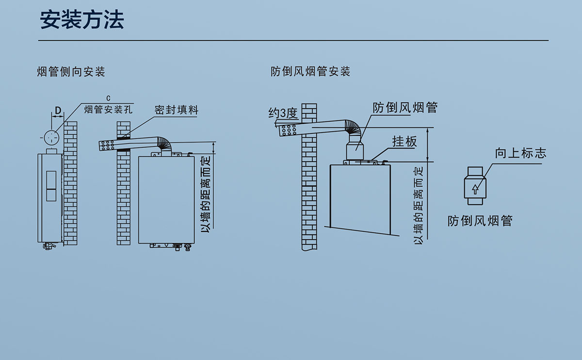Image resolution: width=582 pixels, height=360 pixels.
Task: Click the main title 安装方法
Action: (x=82, y=20)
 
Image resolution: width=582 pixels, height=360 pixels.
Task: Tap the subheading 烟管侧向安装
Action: (x=71, y=72)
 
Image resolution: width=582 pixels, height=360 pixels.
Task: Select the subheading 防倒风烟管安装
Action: (x=310, y=72)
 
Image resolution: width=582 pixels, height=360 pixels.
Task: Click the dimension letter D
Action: (x=58, y=111)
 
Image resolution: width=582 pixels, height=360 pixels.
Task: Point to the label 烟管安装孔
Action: (x=108, y=109)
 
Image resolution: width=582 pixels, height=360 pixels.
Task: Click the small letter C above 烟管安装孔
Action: (x=108, y=98)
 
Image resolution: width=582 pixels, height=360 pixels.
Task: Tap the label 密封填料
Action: (x=177, y=109)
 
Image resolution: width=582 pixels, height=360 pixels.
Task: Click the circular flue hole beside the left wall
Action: (x=52, y=137)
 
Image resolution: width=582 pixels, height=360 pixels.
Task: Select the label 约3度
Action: (x=283, y=113)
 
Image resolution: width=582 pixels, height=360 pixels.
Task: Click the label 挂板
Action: (x=404, y=142)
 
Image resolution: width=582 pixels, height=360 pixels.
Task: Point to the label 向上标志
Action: (x=520, y=153)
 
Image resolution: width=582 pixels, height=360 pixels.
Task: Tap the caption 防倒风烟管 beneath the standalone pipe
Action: (x=480, y=221)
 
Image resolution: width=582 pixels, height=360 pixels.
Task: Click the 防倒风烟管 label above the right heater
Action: (x=405, y=107)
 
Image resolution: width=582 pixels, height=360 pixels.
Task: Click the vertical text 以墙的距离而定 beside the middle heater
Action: (x=206, y=193)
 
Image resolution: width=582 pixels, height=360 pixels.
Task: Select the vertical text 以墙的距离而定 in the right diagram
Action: (x=419, y=205)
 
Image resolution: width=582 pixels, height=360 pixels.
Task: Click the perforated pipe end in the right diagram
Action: (x=288, y=130)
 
